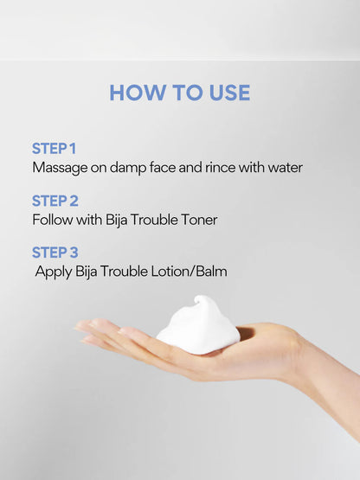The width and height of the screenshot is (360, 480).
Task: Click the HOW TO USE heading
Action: coord(179,93)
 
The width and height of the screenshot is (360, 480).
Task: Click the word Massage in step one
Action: coord(61,167)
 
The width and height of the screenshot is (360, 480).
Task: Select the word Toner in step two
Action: coord(198,220)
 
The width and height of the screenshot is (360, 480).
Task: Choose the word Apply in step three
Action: coord(55,272)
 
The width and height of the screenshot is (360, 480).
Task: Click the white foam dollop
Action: coord(197,330)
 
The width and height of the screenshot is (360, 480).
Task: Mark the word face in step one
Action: coord(169,167)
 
